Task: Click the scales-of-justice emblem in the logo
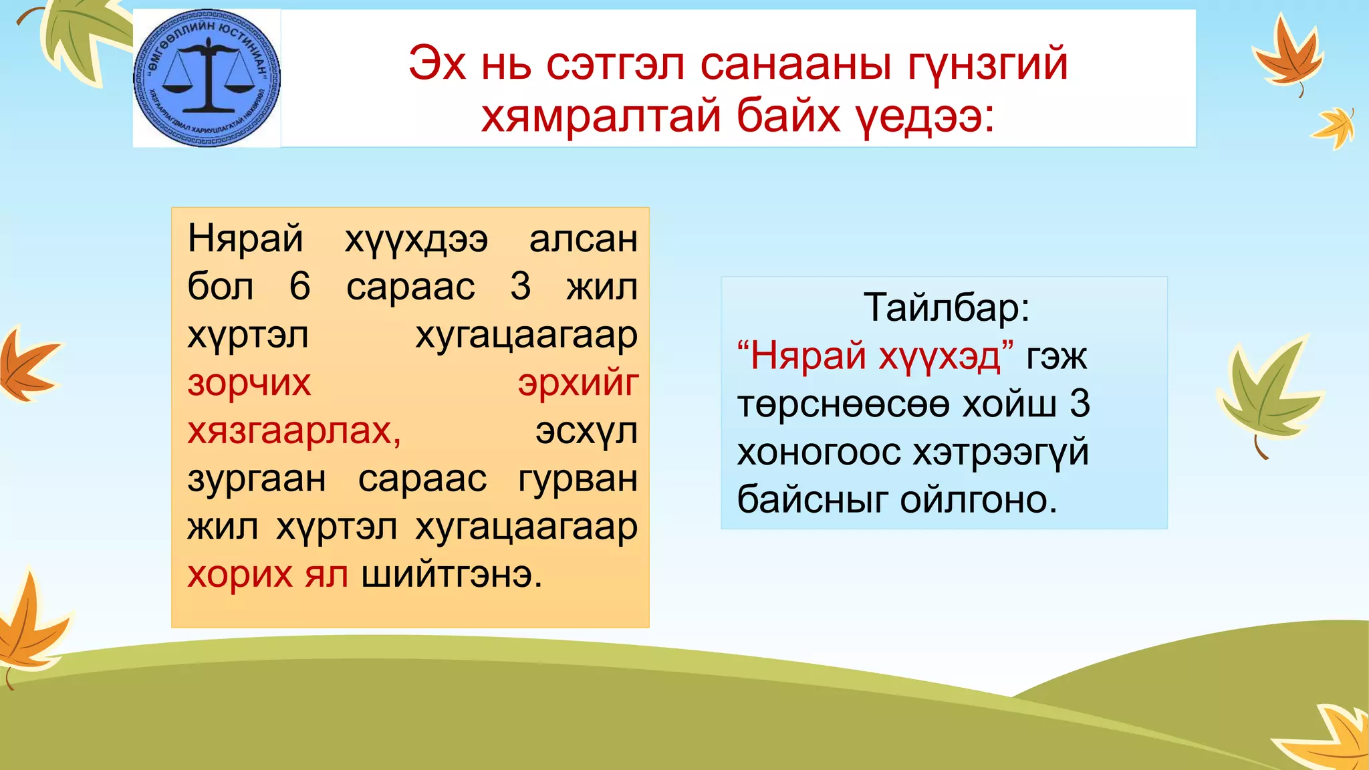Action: pos(207,77)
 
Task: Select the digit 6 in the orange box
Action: pos(299,287)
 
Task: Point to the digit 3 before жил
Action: pos(520,287)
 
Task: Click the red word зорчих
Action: pos(249,383)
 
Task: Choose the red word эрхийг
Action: pos(578,383)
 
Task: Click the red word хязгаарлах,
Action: pos(294,431)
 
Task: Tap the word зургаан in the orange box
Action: pos(257,479)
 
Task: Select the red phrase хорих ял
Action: pos(267,574)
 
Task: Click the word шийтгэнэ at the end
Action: pos(451,574)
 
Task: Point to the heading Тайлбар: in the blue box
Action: pos(947,307)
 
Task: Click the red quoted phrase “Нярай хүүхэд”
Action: pos(875,356)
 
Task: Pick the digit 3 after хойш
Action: pos(1080,404)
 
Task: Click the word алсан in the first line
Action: pos(583,239)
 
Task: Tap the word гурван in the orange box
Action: pos(578,479)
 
